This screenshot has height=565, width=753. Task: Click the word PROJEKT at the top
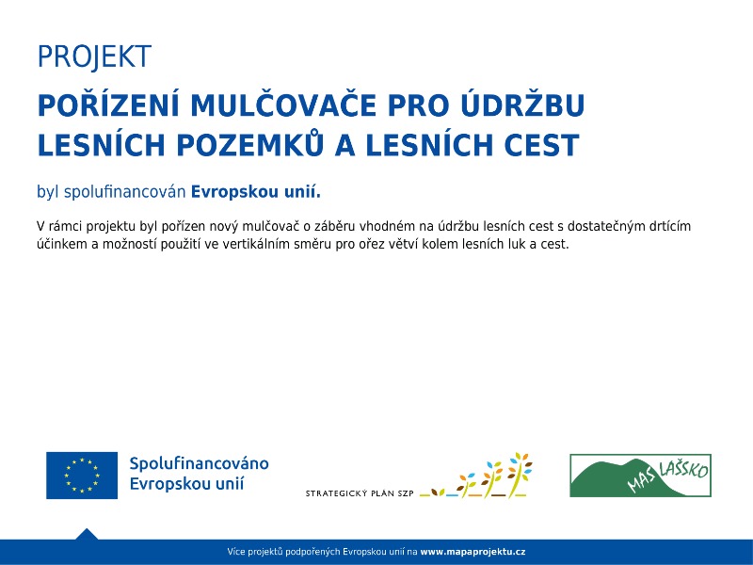pos(93,57)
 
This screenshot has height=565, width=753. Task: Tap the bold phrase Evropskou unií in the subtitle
pos(256,192)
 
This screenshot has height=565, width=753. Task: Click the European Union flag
pos(82,476)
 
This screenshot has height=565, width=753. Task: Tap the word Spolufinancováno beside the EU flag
pos(199,464)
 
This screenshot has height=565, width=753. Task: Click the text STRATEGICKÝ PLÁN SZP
pos(360,493)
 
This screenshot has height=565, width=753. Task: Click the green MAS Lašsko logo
pos(640,476)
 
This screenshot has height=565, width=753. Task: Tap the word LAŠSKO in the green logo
pos(682,468)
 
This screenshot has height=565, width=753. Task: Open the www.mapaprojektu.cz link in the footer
pos(473,551)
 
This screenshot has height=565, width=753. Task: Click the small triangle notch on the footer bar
pos(87,534)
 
